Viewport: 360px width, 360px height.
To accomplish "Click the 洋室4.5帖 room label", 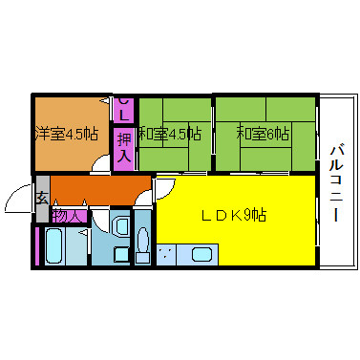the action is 67,135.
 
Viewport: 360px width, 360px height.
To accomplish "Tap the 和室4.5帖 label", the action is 170,134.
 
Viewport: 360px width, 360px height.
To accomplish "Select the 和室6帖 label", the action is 263,134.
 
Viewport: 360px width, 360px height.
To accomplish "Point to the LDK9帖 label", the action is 234,216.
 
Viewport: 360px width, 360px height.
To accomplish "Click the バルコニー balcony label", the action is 336,183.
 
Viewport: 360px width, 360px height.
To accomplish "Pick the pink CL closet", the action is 124,109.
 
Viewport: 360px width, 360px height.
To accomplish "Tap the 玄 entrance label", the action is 42,199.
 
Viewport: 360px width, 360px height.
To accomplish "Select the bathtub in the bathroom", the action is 53,245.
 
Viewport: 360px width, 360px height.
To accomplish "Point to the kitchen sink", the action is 201,255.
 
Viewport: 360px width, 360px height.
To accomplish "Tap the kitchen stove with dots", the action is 166,254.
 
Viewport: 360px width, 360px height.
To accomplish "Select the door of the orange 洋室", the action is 101,163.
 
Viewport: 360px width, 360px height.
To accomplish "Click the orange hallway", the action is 100,190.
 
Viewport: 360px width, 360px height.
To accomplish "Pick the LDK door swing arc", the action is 165,188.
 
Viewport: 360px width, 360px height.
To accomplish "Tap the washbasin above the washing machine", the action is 121,226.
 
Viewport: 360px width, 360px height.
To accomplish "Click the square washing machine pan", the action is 121,255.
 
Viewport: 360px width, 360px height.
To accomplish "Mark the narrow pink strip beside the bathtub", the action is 37,245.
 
